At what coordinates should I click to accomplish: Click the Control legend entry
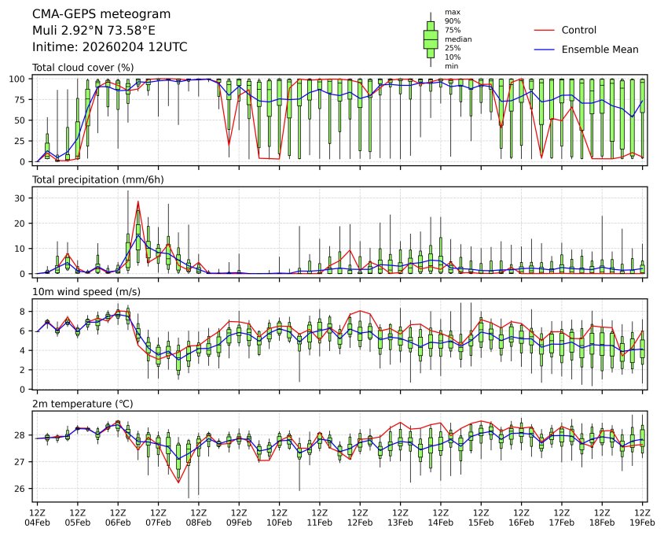578,31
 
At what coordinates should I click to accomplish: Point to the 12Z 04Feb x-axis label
37,516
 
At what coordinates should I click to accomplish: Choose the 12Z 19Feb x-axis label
643,516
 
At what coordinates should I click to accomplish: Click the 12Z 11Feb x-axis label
320,516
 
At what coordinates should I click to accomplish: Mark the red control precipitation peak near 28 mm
138,201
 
